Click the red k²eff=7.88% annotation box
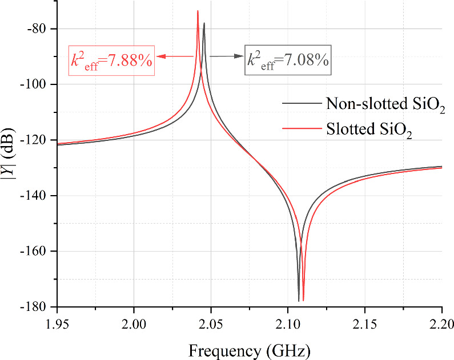111,60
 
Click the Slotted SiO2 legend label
369,131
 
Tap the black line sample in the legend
301,104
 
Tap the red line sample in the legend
301,130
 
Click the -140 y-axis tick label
34,196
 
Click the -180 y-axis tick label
34,307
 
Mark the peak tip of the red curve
198,11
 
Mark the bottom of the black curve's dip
299,301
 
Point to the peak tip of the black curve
204,23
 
